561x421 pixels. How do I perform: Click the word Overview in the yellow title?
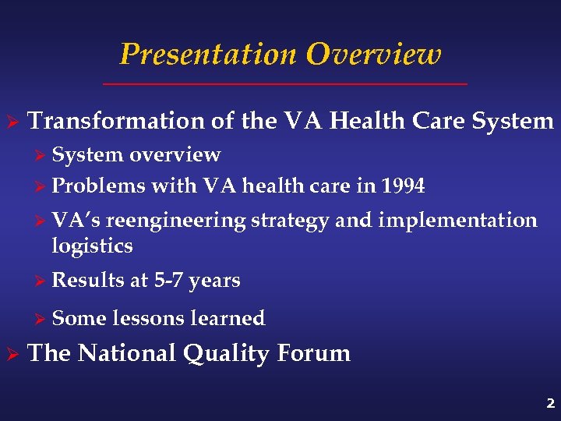pos(373,55)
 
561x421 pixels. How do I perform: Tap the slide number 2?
pos(550,403)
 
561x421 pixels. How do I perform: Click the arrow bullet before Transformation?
pos(12,122)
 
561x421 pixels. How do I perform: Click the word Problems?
pos(98,186)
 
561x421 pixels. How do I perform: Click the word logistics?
pos(92,246)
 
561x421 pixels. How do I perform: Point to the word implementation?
pos(457,221)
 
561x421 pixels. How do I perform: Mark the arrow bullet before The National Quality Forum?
pos(12,354)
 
